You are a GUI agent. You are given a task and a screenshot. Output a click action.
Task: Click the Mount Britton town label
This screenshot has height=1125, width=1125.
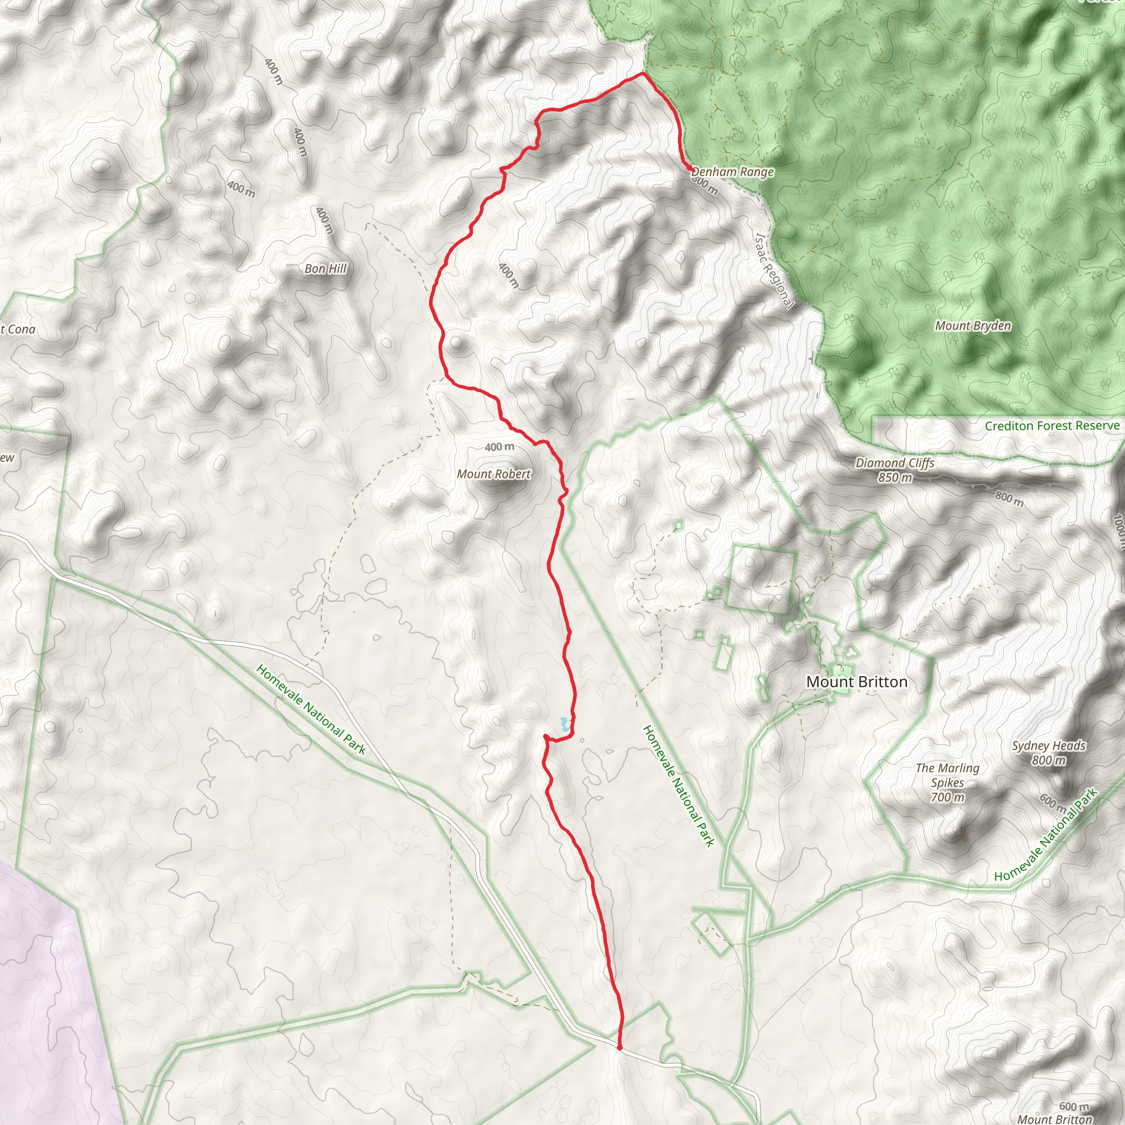pos(856,682)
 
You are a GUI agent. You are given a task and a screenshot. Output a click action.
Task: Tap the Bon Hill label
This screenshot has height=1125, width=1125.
pos(326,269)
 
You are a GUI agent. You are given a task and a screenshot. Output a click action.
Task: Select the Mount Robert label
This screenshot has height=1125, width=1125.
pos(494,474)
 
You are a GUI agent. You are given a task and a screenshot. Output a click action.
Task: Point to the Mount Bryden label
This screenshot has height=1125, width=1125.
pos(973,326)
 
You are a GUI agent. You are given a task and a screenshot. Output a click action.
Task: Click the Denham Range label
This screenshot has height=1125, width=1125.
pos(733,172)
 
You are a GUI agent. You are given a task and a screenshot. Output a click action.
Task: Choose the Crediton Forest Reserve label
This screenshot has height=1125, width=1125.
pos(1052,426)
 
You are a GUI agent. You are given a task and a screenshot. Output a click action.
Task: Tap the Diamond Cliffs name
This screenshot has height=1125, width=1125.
pos(894,463)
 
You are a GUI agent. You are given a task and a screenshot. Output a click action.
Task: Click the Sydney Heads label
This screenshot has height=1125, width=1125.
pos(1049,745)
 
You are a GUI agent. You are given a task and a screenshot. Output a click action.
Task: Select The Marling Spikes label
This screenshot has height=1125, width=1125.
pos(948,775)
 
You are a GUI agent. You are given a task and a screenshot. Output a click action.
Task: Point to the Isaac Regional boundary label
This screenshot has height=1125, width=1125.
pos(774,271)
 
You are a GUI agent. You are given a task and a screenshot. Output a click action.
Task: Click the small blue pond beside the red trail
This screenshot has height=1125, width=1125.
pos(564,725)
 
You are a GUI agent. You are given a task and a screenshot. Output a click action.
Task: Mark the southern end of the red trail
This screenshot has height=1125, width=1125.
pos(619,1048)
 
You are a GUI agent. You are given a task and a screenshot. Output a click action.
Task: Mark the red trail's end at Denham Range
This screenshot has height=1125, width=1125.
pos(691,169)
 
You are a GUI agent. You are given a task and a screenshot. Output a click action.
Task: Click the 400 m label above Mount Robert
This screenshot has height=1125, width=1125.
pos(500,447)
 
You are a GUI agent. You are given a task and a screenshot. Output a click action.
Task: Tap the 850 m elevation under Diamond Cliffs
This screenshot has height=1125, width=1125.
pos(895,477)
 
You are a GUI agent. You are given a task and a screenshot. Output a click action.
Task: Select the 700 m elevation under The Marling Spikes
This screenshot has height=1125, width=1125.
pos(948,797)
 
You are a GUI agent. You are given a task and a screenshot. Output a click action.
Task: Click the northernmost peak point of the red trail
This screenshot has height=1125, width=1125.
pos(642,74)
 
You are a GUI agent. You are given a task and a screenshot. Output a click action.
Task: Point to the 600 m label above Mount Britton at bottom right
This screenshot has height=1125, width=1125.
pos(1074,1106)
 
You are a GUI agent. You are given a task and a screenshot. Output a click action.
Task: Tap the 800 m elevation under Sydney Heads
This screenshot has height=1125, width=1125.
pos(1049,760)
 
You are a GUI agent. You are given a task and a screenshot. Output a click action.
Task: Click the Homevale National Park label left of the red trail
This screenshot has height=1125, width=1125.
pos(311,710)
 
